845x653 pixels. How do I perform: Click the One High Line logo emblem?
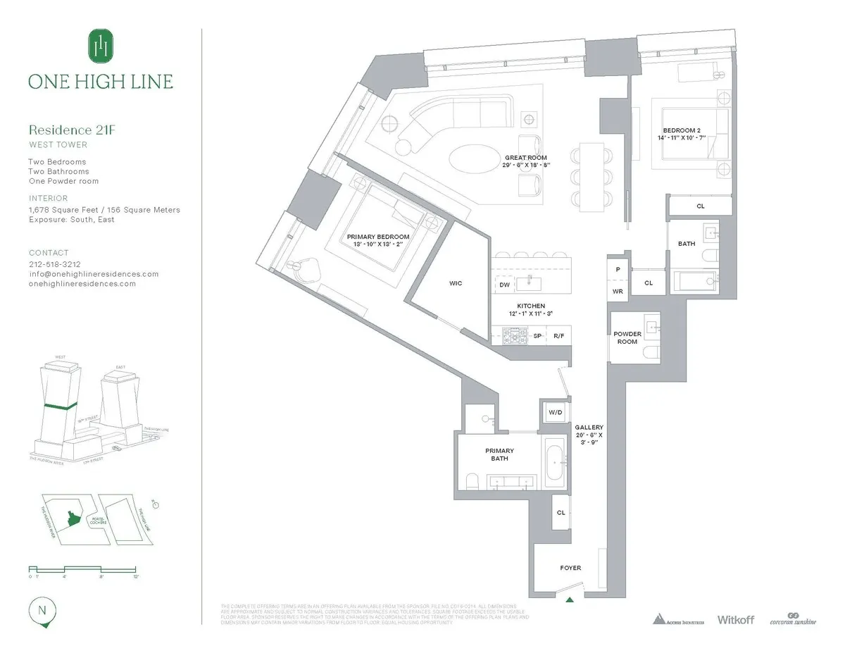[100, 46]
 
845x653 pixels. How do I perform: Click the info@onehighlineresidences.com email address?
[94, 274]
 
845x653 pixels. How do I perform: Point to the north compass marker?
[43, 611]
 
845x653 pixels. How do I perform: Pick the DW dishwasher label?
[504, 285]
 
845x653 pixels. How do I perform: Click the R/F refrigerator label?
[559, 336]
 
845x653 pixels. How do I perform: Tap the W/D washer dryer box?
[551, 412]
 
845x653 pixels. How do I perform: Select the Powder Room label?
[627, 337]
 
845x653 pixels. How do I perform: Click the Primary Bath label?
[499, 454]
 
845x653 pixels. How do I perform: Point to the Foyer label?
[570, 567]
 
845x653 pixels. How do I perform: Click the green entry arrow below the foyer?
[570, 599]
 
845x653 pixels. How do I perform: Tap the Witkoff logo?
[735, 619]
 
